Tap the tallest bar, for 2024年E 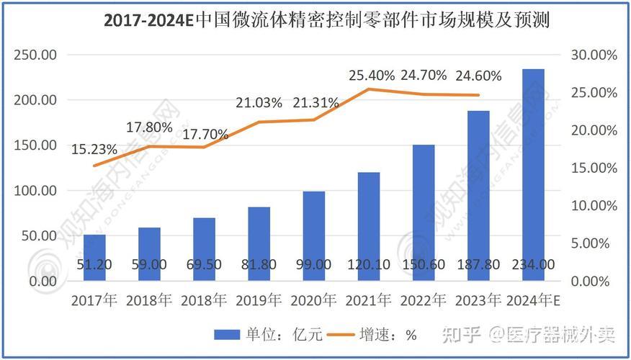(x=533, y=173)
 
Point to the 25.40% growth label (x=372, y=75)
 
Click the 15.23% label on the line (x=94, y=150)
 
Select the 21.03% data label (x=259, y=103)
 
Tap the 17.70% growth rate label (x=205, y=135)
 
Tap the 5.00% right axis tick (x=593, y=243)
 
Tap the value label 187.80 (x=478, y=265)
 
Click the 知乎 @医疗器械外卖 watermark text (x=529, y=334)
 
